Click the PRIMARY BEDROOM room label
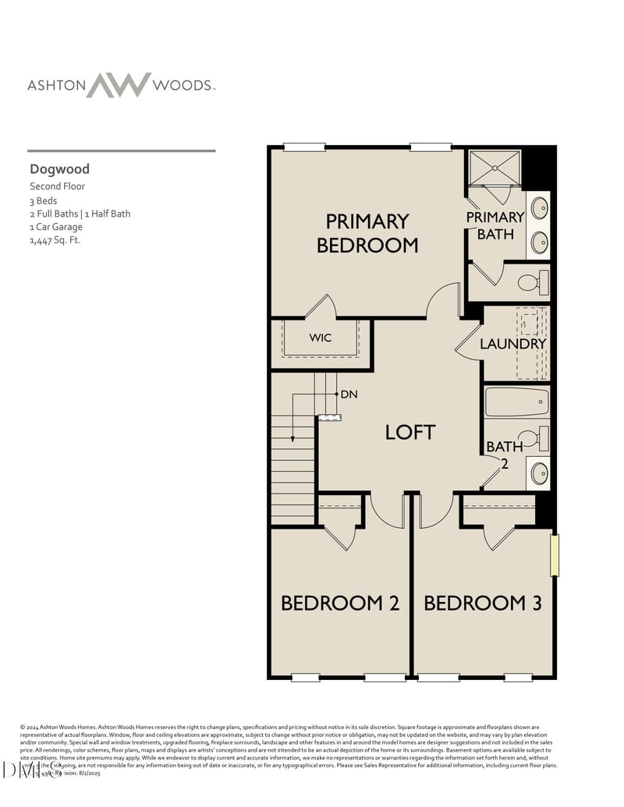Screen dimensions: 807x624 367,233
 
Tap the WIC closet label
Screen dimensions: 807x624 321,338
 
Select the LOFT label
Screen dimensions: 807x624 409,432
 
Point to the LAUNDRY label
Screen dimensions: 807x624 512,343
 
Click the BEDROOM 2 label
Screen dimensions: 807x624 340,603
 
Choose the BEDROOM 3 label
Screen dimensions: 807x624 483,603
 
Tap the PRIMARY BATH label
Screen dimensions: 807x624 495,225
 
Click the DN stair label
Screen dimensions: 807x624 349,395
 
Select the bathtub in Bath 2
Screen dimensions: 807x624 516,402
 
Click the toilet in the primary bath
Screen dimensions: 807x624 534,283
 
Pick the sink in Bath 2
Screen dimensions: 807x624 539,473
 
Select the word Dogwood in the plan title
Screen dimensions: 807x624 60,169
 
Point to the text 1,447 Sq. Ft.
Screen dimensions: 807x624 55,240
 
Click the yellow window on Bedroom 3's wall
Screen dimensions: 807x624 555,555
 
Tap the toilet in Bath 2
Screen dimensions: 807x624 534,438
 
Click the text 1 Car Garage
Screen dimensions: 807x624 56,227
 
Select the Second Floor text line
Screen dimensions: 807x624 58,186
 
